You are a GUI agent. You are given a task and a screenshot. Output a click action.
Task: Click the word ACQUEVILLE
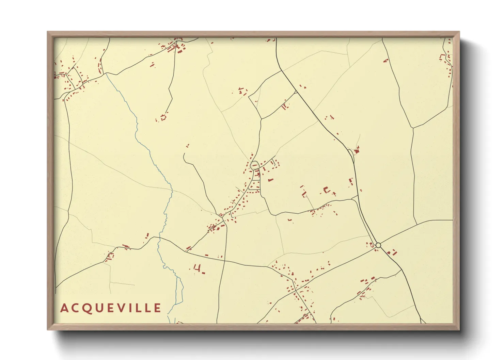tap(110, 308)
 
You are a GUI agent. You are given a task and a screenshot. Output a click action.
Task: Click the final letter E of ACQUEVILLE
tap(157, 308)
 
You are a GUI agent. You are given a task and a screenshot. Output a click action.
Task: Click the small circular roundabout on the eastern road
tap(378, 245)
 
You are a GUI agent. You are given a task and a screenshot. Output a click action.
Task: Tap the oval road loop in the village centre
tap(254, 165)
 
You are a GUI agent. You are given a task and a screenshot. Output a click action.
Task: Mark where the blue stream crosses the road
tap(159, 238)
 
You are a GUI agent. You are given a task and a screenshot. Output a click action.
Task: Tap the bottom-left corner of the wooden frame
tap(48, 329)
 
